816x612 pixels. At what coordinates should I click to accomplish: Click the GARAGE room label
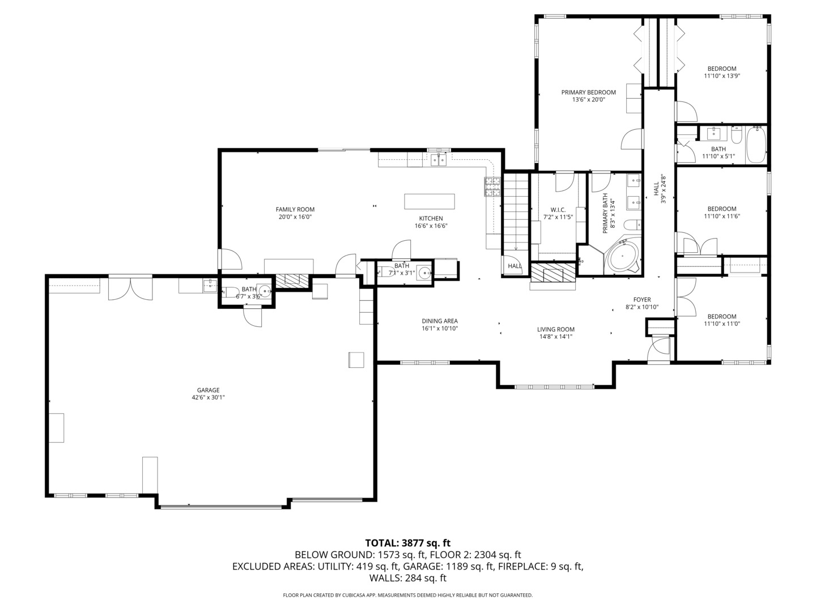208,390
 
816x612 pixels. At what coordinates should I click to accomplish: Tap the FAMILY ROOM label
295,210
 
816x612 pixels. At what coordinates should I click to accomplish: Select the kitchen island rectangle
430,201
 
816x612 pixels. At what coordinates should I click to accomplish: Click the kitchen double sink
439,160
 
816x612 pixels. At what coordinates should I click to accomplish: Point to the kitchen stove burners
492,186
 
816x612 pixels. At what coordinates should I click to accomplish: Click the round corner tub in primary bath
622,256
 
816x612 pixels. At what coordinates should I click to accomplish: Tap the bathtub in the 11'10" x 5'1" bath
756,144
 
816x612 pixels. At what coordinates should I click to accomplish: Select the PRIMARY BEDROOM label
589,92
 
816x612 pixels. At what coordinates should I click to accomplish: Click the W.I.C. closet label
558,210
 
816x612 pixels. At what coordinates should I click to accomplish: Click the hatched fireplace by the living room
553,272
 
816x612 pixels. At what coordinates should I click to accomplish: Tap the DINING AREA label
440,321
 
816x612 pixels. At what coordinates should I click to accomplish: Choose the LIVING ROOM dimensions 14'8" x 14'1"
556,337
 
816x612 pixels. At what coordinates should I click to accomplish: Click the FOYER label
642,300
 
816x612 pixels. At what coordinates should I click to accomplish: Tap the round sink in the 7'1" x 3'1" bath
425,273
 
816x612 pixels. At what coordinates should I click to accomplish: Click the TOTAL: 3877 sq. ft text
408,543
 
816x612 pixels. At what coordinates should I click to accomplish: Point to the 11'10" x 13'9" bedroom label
721,72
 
